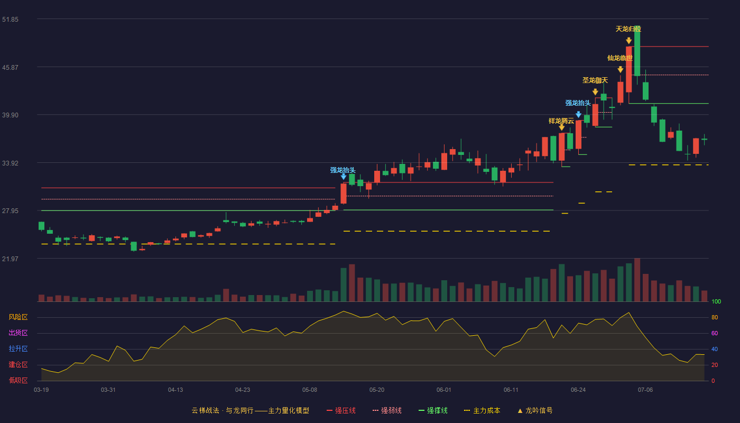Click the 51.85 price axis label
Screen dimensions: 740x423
[x=10, y=20]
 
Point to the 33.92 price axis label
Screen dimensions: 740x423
[x=10, y=163]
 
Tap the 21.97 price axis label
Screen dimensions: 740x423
[x=10, y=259]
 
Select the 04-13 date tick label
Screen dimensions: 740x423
[x=175, y=390]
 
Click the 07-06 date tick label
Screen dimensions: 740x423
[x=645, y=390]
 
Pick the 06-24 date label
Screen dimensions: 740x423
[x=578, y=390]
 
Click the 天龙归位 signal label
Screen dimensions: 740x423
[x=628, y=29]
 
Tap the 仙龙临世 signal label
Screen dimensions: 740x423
[x=620, y=58]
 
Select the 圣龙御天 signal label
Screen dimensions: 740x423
[x=595, y=80]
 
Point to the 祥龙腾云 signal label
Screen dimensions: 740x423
[x=561, y=121]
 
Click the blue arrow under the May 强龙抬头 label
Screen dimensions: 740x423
[x=344, y=177]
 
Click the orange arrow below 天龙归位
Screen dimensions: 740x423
[x=628, y=41]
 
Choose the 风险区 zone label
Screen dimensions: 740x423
[x=18, y=317]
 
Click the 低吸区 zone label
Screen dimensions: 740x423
[x=18, y=381]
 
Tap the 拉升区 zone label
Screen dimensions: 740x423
[x=18, y=349]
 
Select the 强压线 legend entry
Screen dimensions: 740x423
[x=341, y=411]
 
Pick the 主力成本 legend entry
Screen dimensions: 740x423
[x=482, y=411]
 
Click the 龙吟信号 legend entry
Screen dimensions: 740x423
[x=535, y=411]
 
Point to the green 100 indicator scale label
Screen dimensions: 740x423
[x=716, y=302]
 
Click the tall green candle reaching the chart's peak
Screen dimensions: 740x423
[x=637, y=51]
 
